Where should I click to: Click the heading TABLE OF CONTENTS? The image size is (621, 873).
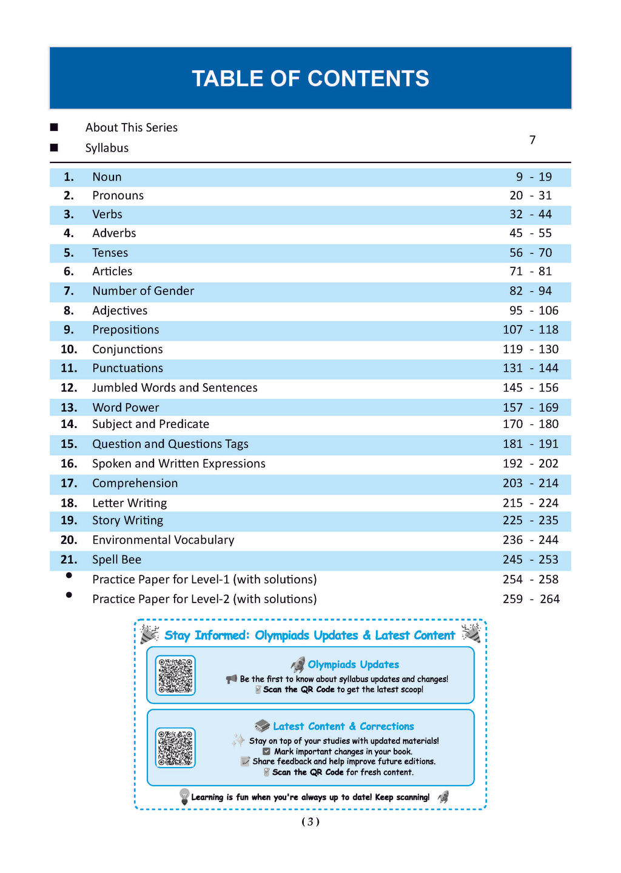[x=310, y=79]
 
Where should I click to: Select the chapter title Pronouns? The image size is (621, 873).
[x=118, y=195]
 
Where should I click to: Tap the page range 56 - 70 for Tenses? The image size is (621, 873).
[x=531, y=252]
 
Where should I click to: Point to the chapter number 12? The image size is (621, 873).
[x=69, y=387]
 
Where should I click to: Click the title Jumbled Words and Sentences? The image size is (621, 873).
[x=175, y=387]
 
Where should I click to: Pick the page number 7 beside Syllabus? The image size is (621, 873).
[x=532, y=140]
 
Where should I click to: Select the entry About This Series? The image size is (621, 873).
[x=131, y=127]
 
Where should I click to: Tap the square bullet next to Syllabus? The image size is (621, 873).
[x=54, y=148]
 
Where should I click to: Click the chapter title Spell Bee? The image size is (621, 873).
[x=116, y=560]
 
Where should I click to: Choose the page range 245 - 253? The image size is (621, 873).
[x=531, y=560]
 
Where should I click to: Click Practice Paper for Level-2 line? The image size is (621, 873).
[x=204, y=599]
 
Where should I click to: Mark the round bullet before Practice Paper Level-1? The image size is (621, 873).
[x=69, y=575]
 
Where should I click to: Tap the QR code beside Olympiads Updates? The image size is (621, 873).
[x=175, y=675]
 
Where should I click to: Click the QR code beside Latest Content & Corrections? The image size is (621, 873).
[x=175, y=748]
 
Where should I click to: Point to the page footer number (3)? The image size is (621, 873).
[x=310, y=821]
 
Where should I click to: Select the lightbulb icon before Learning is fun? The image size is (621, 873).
[x=184, y=796]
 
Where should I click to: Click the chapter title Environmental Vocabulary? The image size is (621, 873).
[x=163, y=540]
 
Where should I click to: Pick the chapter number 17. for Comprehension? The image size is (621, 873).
[x=69, y=483]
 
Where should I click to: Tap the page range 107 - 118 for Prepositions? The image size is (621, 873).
[x=531, y=330]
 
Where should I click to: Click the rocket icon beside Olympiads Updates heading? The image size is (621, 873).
[x=298, y=664]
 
